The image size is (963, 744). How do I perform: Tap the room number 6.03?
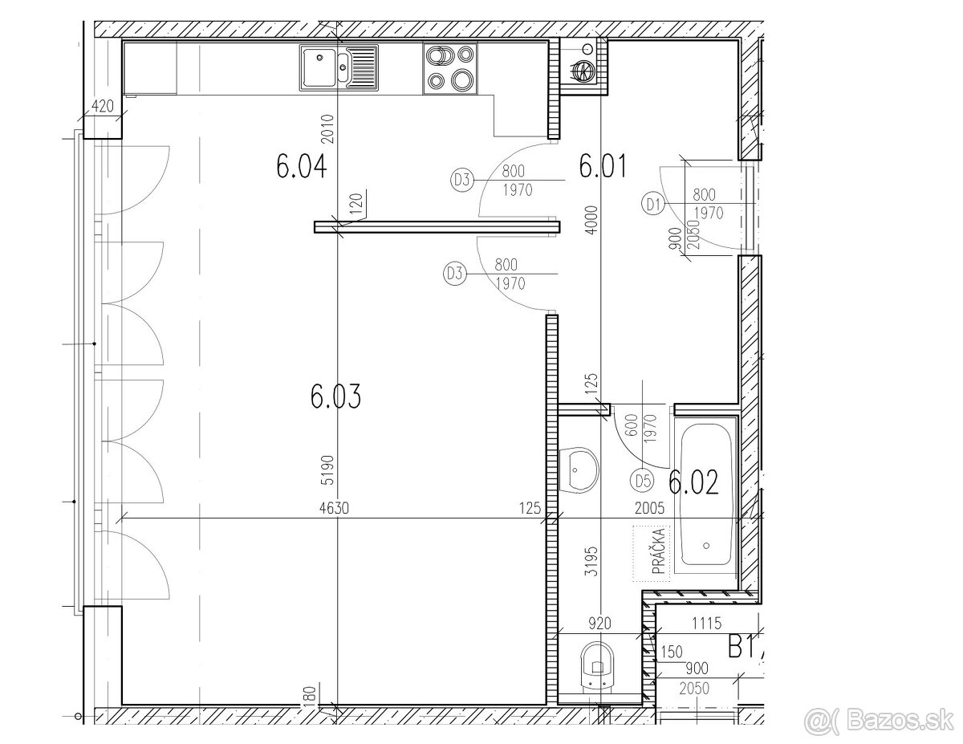pyautogui.click(x=335, y=396)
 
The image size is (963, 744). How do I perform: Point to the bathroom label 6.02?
pyautogui.click(x=693, y=482)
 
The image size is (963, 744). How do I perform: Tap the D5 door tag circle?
pyautogui.click(x=641, y=481)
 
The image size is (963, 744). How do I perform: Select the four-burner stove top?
pyautogui.click(x=450, y=67)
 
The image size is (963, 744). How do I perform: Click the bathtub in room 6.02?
pyautogui.click(x=706, y=494)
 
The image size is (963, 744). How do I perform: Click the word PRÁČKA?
pyautogui.click(x=660, y=551)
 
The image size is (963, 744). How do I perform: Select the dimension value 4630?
pyautogui.click(x=334, y=508)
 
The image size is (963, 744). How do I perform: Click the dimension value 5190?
pyautogui.click(x=329, y=470)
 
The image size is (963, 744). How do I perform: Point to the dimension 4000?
pyautogui.click(x=591, y=220)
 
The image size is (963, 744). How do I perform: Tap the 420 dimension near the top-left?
pyautogui.click(x=102, y=107)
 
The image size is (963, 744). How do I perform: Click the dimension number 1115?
pyautogui.click(x=707, y=624)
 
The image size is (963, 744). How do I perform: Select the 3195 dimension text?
pyautogui.click(x=591, y=561)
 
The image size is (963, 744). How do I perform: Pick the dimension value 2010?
pyautogui.click(x=328, y=128)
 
